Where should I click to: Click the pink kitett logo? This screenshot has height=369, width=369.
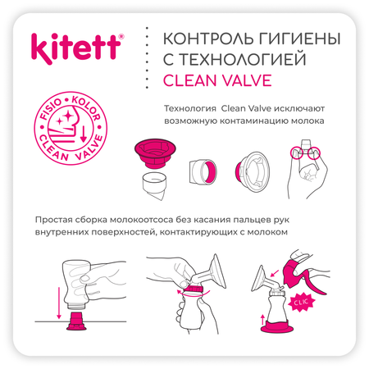click(77, 48)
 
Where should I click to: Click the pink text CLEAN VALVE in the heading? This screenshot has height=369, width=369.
click(217, 80)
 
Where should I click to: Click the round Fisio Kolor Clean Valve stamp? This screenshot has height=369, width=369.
click(71, 128)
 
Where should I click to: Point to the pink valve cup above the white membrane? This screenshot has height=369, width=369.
click(155, 153)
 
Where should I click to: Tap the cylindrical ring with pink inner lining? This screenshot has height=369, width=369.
click(203, 171)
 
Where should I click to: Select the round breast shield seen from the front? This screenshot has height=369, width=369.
click(253, 171)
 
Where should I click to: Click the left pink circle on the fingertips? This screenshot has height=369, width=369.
click(297, 153)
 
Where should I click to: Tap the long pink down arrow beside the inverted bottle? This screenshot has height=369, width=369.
click(59, 303)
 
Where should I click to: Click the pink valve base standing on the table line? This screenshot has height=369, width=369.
click(76, 321)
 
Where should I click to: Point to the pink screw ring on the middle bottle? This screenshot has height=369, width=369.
click(194, 289)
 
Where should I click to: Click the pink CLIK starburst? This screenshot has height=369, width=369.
click(301, 303)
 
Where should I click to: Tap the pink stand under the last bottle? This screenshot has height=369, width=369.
click(277, 327)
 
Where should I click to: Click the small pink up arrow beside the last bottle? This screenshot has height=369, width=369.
click(262, 320)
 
